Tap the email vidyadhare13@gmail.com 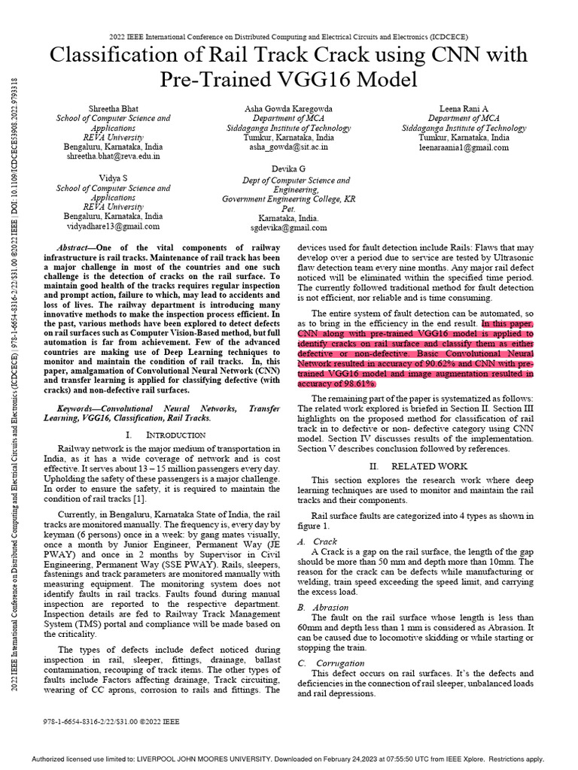[x=113, y=226]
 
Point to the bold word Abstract [x=75, y=247]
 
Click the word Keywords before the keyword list [x=79, y=408]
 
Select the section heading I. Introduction [x=165, y=435]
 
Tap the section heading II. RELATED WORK [x=418, y=466]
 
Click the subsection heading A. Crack [x=317, y=541]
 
